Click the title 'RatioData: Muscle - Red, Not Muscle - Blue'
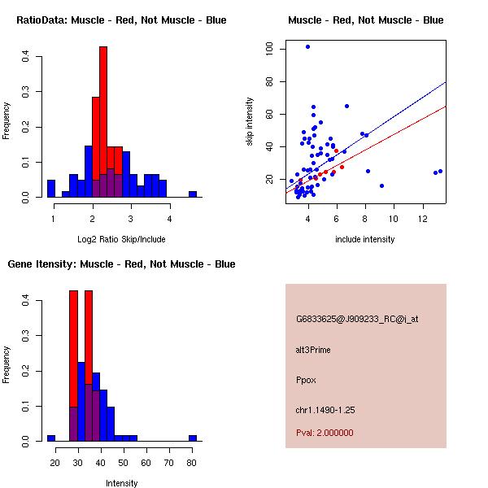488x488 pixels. [121, 20]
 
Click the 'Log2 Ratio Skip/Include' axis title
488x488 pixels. [121, 238]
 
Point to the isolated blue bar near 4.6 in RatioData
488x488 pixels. [193, 194]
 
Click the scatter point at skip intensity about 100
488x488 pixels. [307, 46]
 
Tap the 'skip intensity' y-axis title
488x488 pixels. [251, 122]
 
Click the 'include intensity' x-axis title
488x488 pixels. [365, 239]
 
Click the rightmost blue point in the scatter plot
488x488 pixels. [440, 172]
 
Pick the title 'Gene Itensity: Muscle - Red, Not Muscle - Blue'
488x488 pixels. [121, 264]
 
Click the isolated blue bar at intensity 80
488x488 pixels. [193, 438]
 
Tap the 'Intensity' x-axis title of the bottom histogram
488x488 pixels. [122, 483]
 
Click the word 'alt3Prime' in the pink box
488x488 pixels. [313, 350]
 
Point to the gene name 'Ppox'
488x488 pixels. [305, 380]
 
